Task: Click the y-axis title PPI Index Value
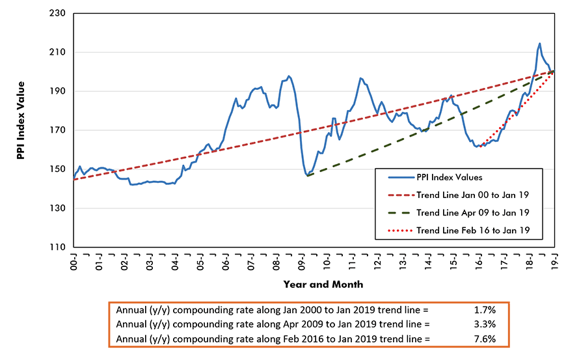[21, 130]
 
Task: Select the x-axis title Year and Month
[323, 284]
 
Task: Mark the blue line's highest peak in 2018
[539, 44]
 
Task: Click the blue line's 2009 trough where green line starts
[306, 175]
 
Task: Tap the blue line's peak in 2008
[289, 76]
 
